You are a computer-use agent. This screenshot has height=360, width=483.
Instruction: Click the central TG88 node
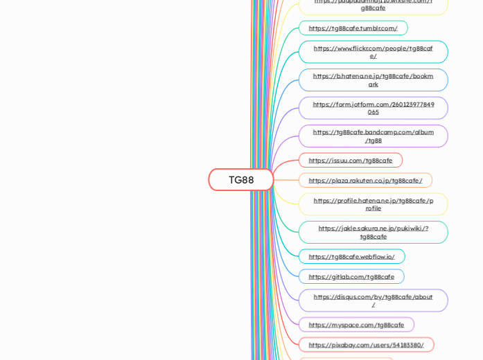point(241,180)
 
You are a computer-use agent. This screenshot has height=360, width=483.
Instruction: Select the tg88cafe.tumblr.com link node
point(353,28)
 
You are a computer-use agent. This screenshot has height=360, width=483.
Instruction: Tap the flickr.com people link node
point(373,52)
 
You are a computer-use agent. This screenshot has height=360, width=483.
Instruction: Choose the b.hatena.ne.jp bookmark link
point(373,80)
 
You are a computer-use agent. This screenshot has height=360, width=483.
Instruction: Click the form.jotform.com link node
point(373,108)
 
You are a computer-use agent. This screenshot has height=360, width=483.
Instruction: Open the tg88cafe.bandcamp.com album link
point(373,136)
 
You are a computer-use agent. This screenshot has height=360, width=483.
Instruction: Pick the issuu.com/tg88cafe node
point(350,161)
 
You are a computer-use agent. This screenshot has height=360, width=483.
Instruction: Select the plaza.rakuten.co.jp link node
point(365,181)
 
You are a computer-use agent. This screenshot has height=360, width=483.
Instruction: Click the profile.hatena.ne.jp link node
point(373,204)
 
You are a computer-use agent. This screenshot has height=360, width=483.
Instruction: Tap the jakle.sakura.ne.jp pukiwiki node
point(373,233)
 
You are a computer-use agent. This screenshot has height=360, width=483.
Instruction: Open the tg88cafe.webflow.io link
point(351,257)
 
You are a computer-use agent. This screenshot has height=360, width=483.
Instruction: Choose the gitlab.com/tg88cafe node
point(351,277)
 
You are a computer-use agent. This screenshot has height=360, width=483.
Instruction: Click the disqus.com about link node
point(373,300)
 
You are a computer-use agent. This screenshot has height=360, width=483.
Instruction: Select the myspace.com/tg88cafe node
point(356,325)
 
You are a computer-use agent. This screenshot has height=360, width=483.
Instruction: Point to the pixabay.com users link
point(366,345)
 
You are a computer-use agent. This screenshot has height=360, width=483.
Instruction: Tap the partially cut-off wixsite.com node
point(373,6)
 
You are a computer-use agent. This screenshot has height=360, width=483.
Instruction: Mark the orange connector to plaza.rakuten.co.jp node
point(287,181)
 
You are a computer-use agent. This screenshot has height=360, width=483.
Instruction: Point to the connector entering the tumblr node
point(290,30)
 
